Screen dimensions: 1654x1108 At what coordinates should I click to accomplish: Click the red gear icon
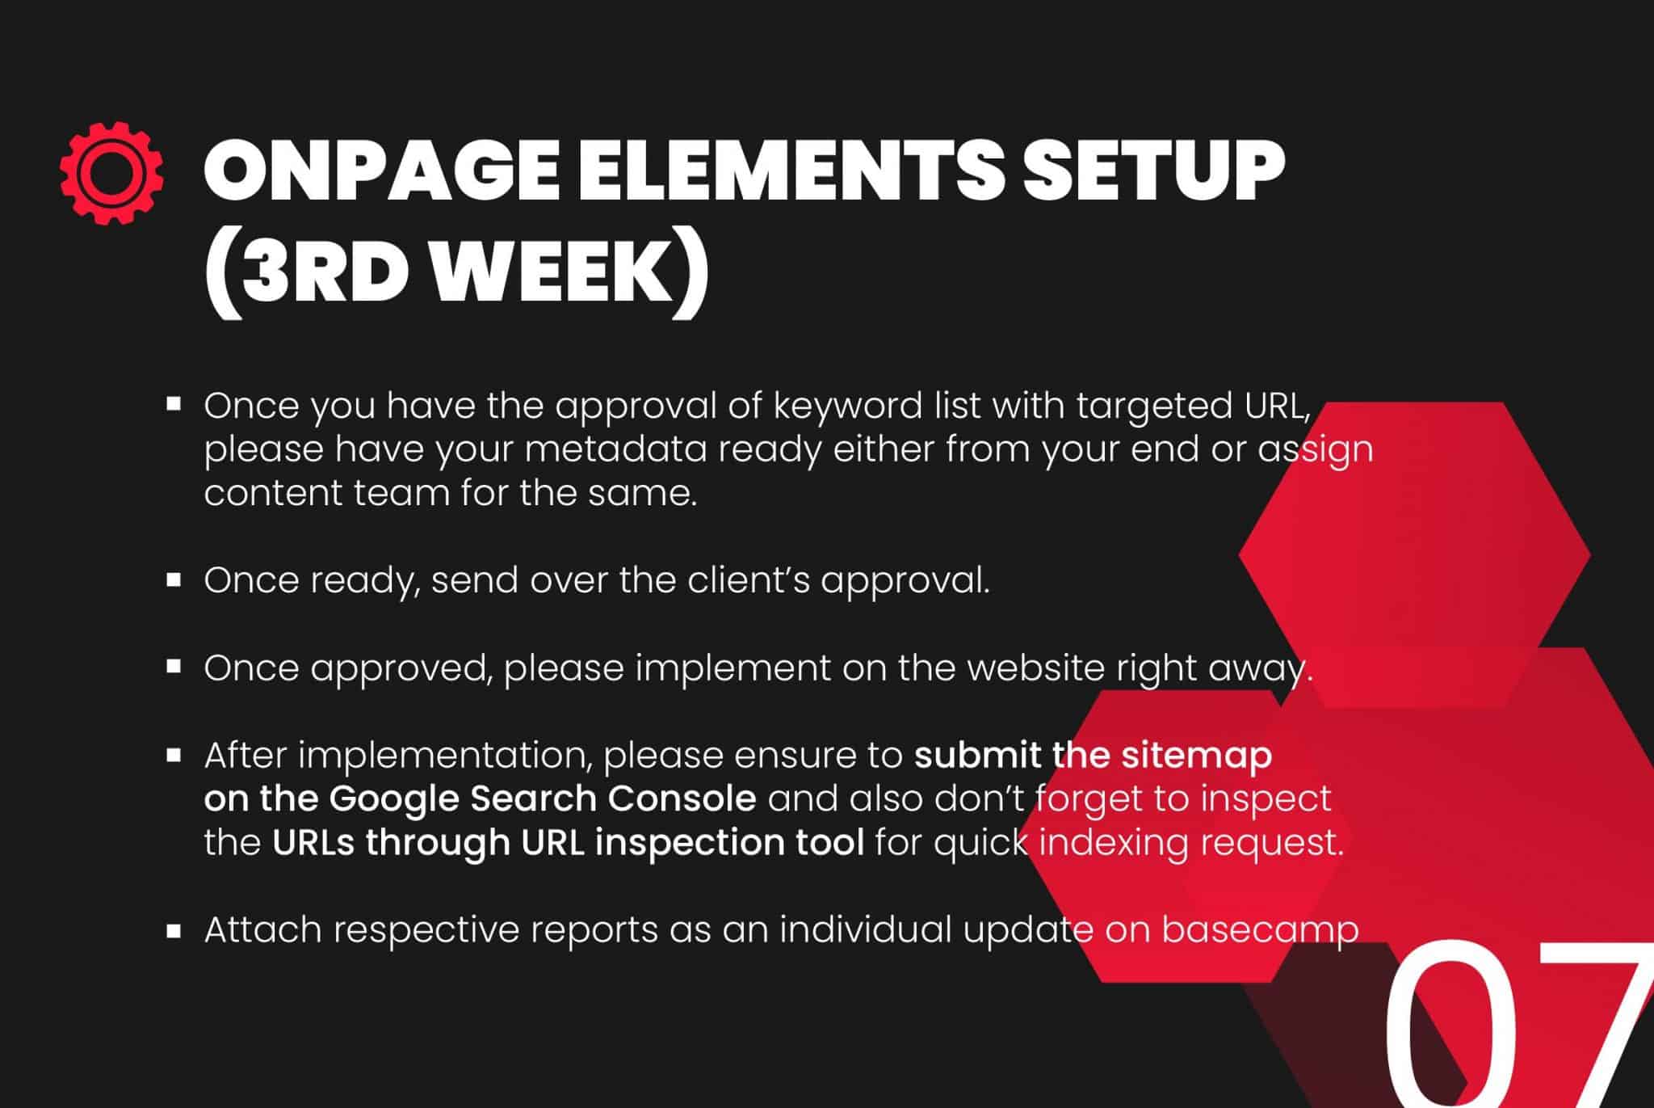pyautogui.click(x=111, y=173)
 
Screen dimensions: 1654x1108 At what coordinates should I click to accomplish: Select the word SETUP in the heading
pyautogui.click(x=1153, y=171)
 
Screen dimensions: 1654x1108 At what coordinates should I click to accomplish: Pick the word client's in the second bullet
pyautogui.click(x=754, y=580)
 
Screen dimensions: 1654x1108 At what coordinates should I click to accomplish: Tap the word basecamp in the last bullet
pyautogui.click(x=1261, y=930)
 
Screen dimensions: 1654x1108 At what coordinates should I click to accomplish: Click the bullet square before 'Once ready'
pyautogui.click(x=174, y=579)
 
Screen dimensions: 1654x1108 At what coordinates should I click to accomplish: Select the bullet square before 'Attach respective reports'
pyautogui.click(x=174, y=930)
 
